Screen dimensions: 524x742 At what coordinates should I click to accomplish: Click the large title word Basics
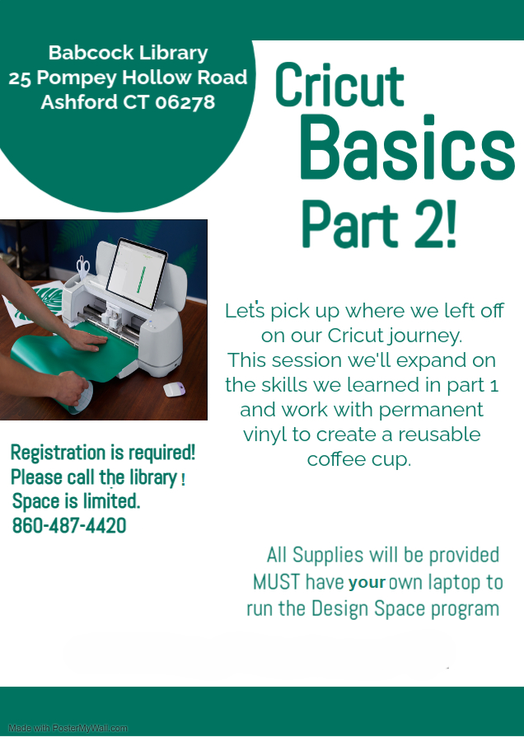click(407, 148)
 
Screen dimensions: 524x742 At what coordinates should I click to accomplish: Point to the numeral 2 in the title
click(429, 224)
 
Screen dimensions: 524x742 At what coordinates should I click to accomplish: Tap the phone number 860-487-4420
click(69, 526)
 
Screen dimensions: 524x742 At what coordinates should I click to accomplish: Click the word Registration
click(55, 453)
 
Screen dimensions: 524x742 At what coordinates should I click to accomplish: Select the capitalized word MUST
click(276, 582)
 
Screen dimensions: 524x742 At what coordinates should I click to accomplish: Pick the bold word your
click(367, 583)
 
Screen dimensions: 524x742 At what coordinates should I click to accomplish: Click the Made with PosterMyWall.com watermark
click(68, 728)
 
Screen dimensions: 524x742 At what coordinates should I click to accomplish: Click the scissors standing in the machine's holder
click(82, 267)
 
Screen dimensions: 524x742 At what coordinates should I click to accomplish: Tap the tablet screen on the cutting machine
click(136, 273)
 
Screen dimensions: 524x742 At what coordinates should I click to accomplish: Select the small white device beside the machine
click(174, 389)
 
